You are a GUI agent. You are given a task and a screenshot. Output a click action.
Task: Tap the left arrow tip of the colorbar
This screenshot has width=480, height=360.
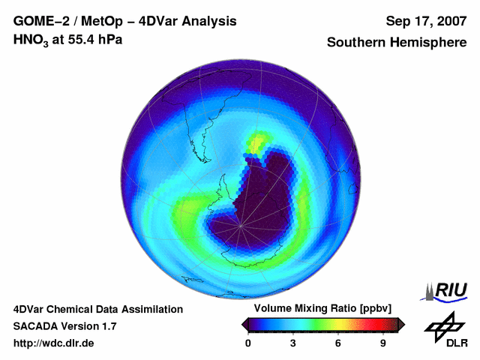click(244, 324)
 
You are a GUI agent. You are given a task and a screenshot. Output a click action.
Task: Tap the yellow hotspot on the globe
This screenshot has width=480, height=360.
click(259, 140)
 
